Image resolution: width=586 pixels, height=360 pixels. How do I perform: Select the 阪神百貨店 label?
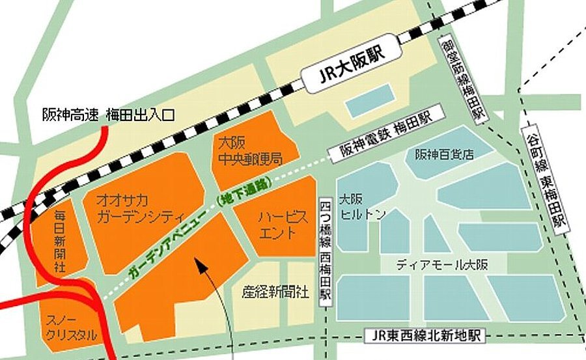pyautogui.click(x=443, y=154)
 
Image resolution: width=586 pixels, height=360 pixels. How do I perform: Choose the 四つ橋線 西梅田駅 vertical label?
pyautogui.click(x=326, y=250)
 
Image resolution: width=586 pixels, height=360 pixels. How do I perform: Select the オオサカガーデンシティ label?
pyautogui.click(x=140, y=208)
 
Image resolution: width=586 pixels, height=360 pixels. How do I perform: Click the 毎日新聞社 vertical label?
pyautogui.click(x=61, y=240)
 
